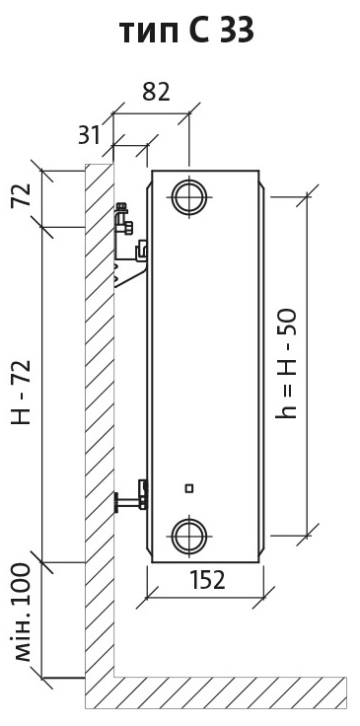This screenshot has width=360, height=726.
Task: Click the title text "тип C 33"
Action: coord(186,32)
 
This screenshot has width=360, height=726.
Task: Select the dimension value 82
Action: coord(156,92)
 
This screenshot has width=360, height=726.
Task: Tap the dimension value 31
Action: coord(89,135)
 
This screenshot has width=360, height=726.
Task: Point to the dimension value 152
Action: coord(207,580)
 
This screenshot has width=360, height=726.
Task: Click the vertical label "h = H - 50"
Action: coord(286,364)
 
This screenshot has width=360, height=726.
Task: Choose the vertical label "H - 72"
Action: coord(23,393)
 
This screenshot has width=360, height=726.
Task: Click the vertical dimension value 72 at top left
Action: coord(23,195)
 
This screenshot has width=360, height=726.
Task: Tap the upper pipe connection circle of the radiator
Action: coord(188,196)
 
